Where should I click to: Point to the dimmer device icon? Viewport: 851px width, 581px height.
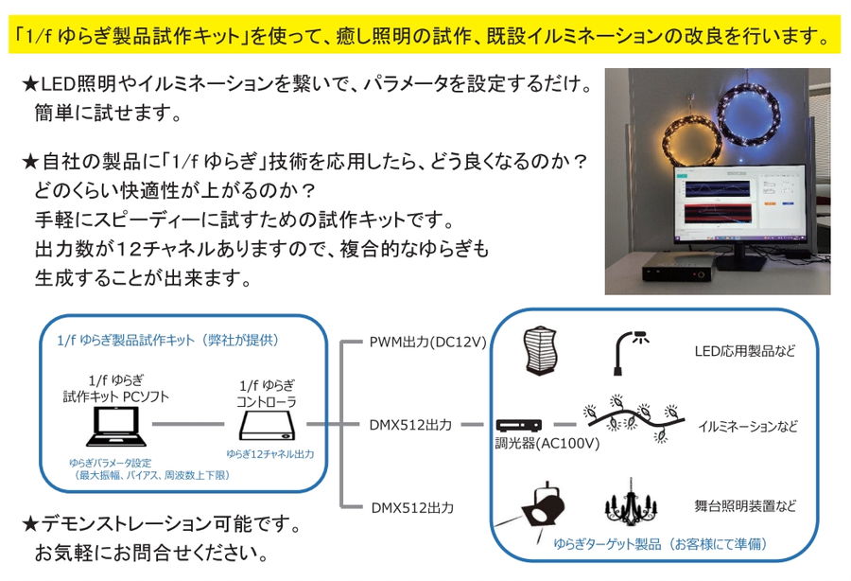518,425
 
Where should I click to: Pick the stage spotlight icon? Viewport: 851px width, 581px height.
543,506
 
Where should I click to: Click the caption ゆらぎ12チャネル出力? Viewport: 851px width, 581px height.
270,454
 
